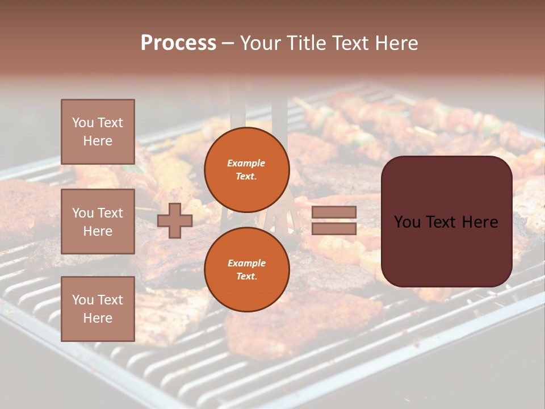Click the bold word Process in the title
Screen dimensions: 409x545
(x=178, y=43)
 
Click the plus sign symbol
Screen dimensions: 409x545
(x=174, y=221)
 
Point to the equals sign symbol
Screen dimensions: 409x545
(x=334, y=220)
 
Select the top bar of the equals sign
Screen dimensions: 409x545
(x=334, y=212)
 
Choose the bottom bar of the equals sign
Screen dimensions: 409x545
(x=334, y=228)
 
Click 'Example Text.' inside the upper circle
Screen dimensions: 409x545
(x=246, y=170)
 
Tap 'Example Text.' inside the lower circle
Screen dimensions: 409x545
(x=246, y=270)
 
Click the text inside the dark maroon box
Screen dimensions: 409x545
(x=446, y=222)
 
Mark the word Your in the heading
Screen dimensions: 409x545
(x=260, y=43)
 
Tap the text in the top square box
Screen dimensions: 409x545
(x=98, y=132)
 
